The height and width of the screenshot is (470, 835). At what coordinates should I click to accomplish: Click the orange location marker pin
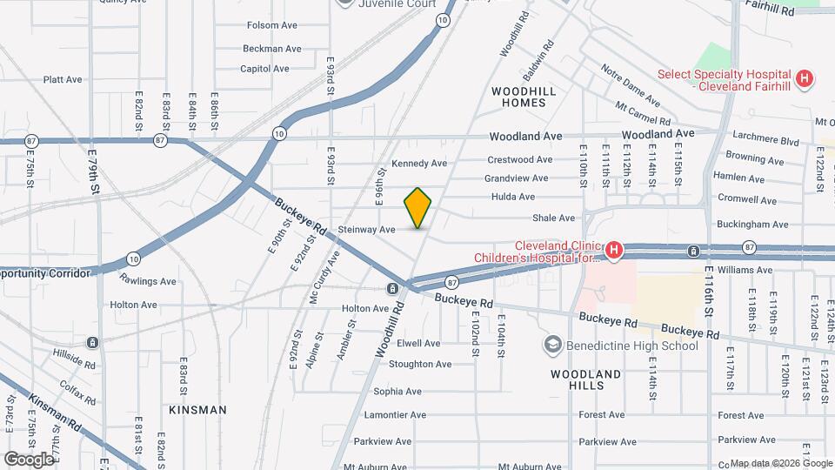point(418,207)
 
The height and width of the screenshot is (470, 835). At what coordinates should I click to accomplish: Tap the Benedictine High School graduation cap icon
point(551,346)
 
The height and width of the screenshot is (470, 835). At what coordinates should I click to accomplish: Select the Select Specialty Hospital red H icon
point(805,79)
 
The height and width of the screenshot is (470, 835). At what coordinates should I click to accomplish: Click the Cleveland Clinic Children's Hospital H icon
point(614,252)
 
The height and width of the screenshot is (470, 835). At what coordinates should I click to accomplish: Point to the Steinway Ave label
point(367,230)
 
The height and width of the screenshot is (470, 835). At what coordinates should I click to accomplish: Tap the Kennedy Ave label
point(418,164)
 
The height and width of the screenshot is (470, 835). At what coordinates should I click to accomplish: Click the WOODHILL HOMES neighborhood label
point(518,97)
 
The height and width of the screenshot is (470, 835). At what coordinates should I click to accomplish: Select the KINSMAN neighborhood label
point(197,409)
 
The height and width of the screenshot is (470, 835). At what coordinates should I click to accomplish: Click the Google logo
point(29,459)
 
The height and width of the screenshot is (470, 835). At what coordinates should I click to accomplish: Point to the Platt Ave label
point(63,80)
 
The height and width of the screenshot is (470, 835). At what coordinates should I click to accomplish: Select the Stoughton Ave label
point(420,365)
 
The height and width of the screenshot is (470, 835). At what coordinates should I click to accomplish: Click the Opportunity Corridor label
point(45,273)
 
